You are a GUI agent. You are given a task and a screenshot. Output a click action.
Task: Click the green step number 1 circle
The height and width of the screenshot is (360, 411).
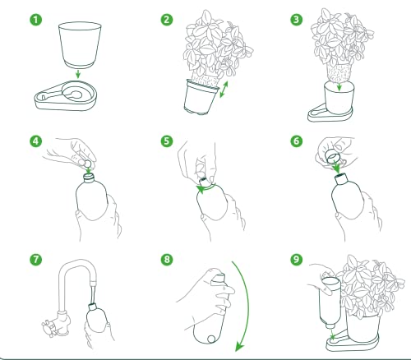(x=36, y=20)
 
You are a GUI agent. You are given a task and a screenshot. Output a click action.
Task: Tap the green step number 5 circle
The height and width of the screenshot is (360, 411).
(x=167, y=141)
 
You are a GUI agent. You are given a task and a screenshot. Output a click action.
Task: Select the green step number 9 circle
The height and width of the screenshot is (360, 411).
(x=297, y=259)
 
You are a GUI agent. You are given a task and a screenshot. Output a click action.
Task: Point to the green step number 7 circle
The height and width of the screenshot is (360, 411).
(x=36, y=259)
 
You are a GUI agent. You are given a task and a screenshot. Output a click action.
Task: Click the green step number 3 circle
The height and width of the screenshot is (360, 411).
(x=297, y=20)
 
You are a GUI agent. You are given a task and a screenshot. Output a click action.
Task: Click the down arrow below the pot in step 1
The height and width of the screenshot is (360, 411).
(x=78, y=74)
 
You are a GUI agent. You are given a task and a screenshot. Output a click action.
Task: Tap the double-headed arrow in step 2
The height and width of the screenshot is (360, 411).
(x=224, y=89)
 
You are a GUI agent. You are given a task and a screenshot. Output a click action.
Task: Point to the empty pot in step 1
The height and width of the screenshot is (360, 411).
(x=80, y=45)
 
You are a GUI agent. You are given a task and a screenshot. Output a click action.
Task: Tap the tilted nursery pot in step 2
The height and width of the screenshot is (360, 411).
(x=201, y=96)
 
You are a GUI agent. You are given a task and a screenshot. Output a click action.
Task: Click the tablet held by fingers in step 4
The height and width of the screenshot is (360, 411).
(x=88, y=164)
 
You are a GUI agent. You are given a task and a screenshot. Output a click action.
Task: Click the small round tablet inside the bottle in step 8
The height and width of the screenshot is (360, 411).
(x=211, y=339)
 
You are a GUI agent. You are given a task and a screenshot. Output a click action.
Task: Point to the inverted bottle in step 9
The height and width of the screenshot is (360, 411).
(x=330, y=302)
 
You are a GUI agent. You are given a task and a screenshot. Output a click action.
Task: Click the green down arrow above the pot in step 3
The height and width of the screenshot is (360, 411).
(x=339, y=87)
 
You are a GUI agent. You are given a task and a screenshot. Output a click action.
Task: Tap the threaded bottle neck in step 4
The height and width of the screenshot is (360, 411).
(x=89, y=178)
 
